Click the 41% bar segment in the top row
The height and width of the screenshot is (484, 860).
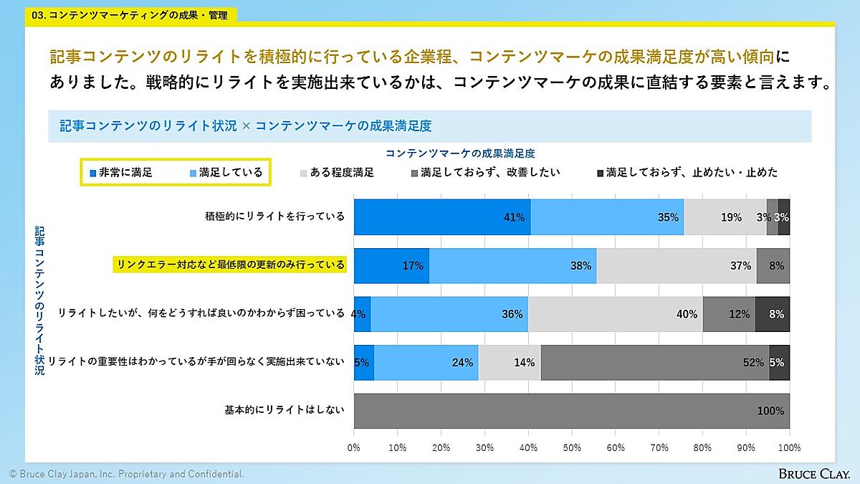coord(442,217)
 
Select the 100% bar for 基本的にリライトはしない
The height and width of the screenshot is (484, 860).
coord(572,411)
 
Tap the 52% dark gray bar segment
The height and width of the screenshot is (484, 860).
coord(654,362)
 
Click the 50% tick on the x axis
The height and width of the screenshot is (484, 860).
coord(572,447)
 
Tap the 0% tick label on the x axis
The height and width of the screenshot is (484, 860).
coord(354,447)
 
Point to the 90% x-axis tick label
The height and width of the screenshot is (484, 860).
coord(746,447)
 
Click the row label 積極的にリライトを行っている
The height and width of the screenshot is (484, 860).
coord(274,217)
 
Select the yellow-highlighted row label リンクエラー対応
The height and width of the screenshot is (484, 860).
coord(230,265)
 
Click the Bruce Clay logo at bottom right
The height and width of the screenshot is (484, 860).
coord(815,474)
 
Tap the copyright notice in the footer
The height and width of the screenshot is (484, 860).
coord(126,474)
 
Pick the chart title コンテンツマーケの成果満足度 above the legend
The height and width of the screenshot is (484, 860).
coord(460,153)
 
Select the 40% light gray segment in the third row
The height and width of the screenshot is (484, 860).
coord(615,314)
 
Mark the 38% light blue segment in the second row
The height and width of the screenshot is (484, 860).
coord(512,265)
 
